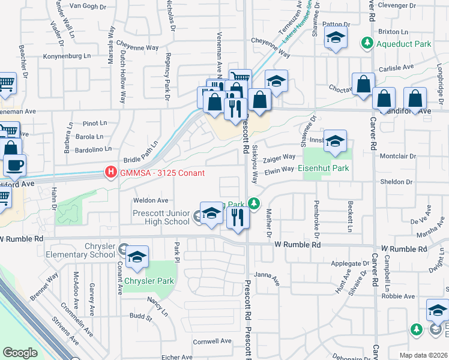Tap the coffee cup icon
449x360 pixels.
14,164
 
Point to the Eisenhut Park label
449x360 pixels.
324,169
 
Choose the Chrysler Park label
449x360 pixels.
149,281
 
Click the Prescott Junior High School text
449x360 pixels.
160,217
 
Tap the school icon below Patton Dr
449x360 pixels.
336,37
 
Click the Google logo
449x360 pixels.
20,353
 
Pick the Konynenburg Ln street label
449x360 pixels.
67,56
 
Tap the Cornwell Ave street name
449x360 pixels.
212,341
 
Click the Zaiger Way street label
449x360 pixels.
279,157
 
